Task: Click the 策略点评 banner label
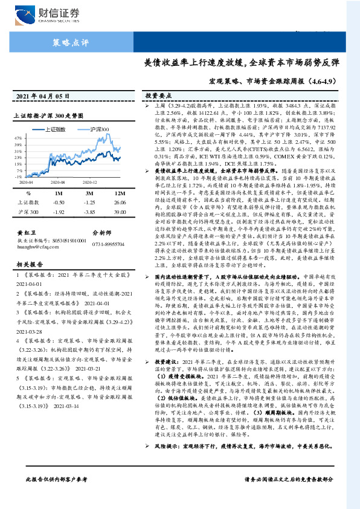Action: tap(71, 42)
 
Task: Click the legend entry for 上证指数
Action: tap(56, 129)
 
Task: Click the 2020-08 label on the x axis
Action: tap(57, 181)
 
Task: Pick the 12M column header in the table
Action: tap(119, 193)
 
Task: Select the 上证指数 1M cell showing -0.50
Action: tap(59, 203)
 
